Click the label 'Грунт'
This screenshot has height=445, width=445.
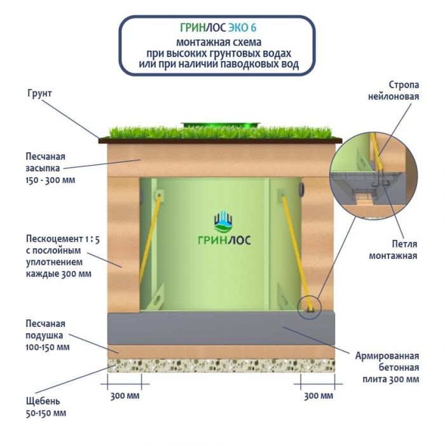pos(39,93)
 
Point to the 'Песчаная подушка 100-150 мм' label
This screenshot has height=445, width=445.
pos(45,335)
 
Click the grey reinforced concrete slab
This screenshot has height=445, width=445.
pos(222,328)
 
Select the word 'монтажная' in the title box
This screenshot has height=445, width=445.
pos(197,42)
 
